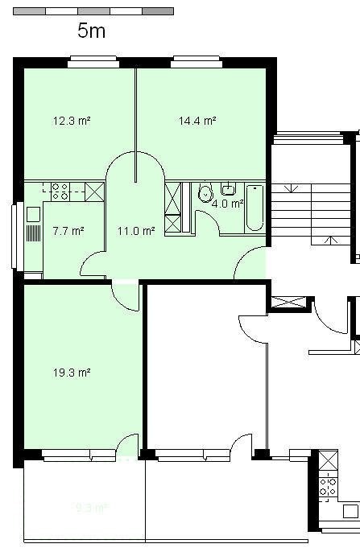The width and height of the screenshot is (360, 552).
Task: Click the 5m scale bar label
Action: tap(91, 31)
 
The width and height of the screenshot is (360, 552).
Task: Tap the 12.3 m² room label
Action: tap(72, 122)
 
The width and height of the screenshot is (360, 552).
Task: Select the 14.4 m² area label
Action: tap(197, 122)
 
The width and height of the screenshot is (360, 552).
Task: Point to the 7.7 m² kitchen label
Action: tap(68, 231)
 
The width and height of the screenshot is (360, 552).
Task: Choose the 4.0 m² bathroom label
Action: tap(227, 204)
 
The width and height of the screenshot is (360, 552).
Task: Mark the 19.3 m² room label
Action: tap(72, 373)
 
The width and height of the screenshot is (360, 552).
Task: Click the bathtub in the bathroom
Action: tap(254, 208)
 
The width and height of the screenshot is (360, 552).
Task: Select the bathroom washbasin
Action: tap(229, 190)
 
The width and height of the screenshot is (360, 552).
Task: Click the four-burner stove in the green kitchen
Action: tap(60, 191)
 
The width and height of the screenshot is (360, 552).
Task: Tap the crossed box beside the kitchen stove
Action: tap(94, 191)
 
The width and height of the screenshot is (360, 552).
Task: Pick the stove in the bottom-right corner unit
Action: tap(329, 485)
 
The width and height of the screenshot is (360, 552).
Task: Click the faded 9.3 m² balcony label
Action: tap(91, 508)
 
